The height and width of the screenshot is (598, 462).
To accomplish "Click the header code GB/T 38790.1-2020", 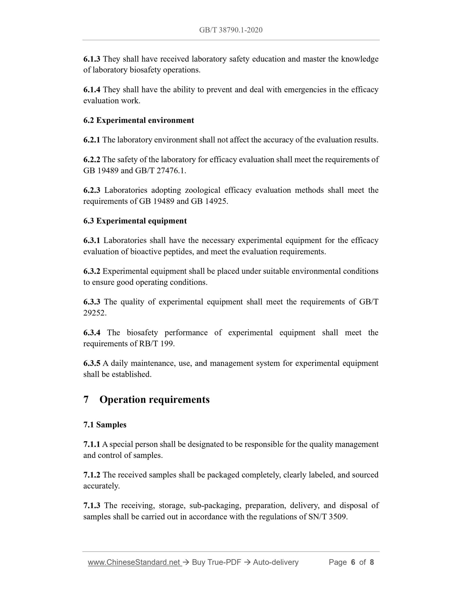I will pyautogui.click(x=231, y=30).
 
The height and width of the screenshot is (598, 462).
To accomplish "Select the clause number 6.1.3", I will pyautogui.click(x=92, y=59).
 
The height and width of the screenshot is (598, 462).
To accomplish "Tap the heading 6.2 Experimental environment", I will pyautogui.click(x=138, y=121).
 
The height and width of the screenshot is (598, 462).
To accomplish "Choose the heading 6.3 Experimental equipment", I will pyautogui.click(x=135, y=221).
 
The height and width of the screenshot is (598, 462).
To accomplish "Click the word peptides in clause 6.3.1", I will pyautogui.click(x=178, y=252).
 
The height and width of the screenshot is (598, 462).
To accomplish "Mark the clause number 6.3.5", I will pyautogui.click(x=92, y=364).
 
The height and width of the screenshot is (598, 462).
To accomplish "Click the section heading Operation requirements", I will pyautogui.click(x=154, y=400).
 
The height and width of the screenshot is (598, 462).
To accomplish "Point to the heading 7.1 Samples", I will pyautogui.click(x=105, y=425).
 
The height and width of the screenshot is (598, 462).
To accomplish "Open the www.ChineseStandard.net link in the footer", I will pyautogui.click(x=135, y=562).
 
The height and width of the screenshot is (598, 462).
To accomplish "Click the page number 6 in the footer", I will pyautogui.click(x=353, y=562).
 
